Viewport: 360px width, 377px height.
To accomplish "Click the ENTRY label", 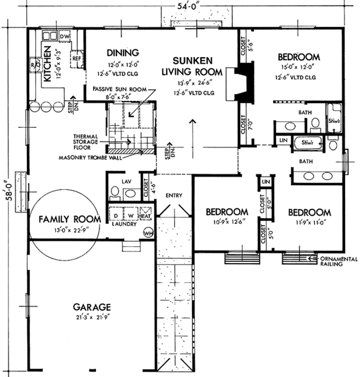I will tap(174, 195).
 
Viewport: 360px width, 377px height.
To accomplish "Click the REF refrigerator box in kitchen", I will tap(77, 59).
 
